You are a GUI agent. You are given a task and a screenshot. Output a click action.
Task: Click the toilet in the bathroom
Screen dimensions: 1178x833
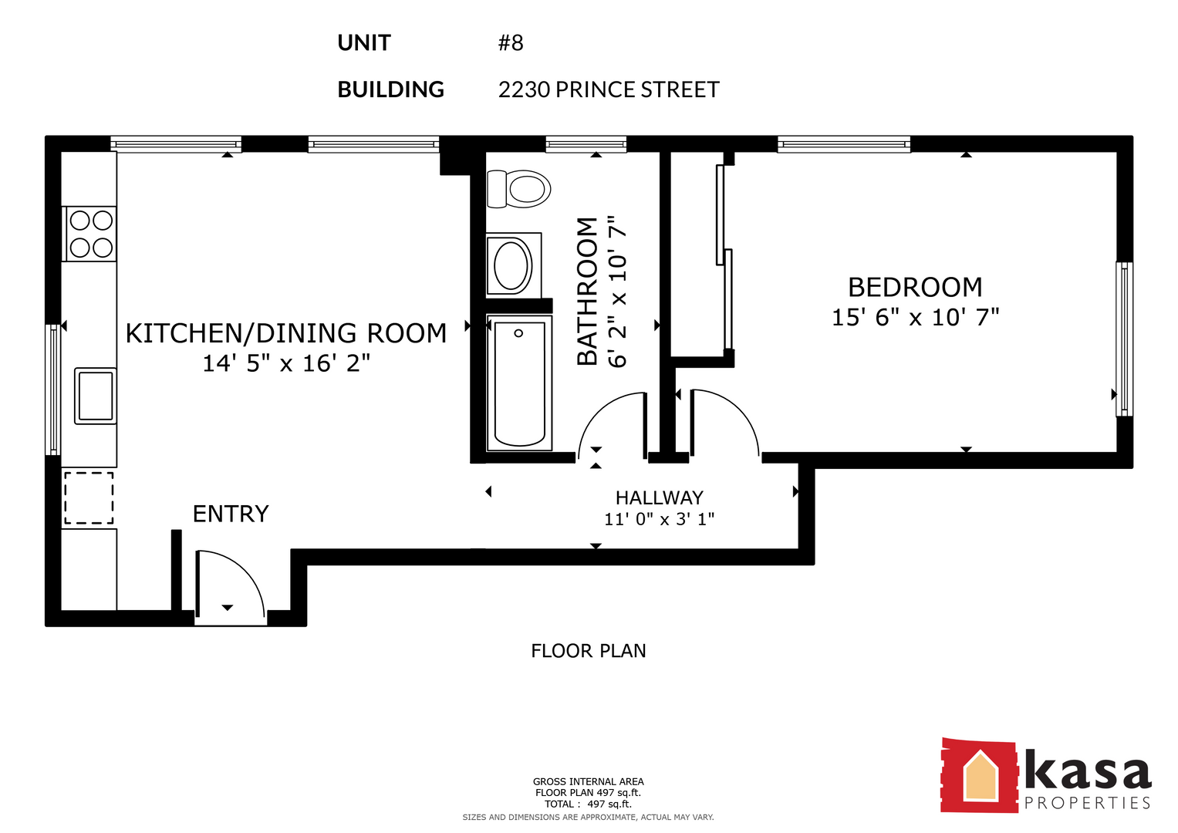[518, 189]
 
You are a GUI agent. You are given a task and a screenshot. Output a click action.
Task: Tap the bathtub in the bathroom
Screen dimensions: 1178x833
[520, 383]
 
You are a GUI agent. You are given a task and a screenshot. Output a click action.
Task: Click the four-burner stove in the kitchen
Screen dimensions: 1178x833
[90, 234]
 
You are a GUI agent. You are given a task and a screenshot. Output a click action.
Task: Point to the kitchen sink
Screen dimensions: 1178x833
[95, 396]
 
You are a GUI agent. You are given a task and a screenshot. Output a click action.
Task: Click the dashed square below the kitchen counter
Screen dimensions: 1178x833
[89, 498]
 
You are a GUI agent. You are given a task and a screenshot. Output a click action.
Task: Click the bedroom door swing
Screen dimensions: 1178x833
[724, 423]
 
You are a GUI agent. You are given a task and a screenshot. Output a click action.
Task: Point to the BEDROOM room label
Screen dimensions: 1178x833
[915, 287]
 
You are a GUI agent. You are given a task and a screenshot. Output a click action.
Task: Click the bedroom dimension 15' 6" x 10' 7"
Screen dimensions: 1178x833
[915, 318]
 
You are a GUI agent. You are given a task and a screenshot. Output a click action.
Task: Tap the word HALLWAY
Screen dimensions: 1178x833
[660, 497]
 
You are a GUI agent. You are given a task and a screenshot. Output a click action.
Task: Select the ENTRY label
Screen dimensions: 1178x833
[231, 514]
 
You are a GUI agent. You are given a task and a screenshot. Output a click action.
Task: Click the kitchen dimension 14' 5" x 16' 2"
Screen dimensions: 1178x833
[287, 363]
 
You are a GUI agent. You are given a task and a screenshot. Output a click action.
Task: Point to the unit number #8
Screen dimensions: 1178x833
[511, 42]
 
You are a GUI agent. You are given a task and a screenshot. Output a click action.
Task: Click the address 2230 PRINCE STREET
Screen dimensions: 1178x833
[609, 89]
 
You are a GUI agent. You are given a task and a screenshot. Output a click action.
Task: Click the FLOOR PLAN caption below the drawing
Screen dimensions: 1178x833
[589, 651]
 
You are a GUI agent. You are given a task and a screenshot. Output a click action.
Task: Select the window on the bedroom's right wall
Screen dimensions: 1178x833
[1124, 339]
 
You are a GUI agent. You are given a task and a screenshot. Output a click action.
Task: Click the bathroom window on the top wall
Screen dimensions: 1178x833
[586, 144]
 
